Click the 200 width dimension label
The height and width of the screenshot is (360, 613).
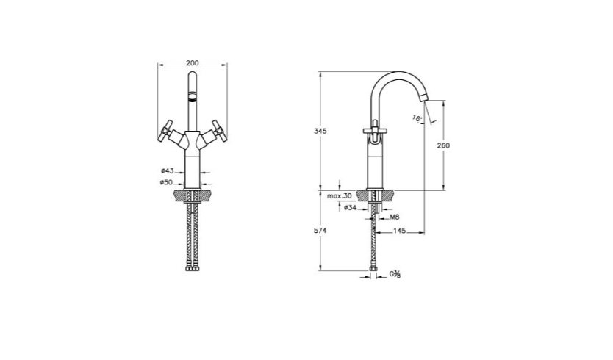click(193, 63)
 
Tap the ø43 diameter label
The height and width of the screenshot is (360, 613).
click(167, 170)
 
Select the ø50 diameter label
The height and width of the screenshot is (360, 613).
click(166, 182)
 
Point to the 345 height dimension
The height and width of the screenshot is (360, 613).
click(320, 132)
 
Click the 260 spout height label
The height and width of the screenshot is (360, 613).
click(443, 145)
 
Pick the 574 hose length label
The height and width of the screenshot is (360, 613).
click(320, 231)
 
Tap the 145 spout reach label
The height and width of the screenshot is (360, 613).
click(399, 231)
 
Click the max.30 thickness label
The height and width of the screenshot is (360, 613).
click(340, 196)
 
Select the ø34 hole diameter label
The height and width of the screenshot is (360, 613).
click(351, 208)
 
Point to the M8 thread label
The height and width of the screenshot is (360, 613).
click(395, 217)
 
